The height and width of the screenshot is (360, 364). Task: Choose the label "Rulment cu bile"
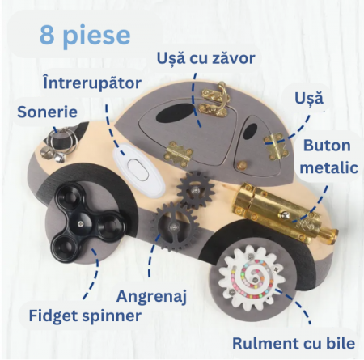coord(294,344)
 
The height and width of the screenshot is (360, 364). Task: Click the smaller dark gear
coord(195,187)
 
